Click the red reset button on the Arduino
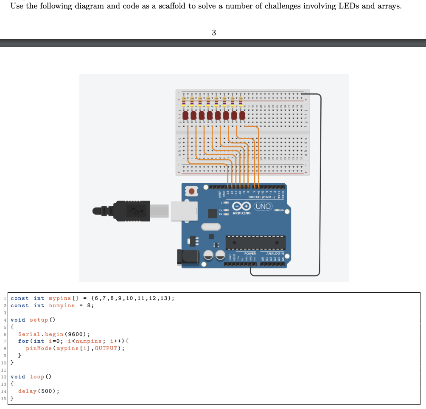point(192,192)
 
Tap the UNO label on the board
point(262,207)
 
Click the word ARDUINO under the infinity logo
point(241,213)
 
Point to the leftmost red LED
point(184,115)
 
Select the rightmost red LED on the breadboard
point(242,115)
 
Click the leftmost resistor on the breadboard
point(184,101)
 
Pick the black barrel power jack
point(188,257)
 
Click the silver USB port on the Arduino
point(184,211)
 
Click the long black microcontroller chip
point(255,243)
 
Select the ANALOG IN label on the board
point(275,253)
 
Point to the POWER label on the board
point(250,253)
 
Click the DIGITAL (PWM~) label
point(261,197)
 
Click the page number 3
point(213,33)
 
